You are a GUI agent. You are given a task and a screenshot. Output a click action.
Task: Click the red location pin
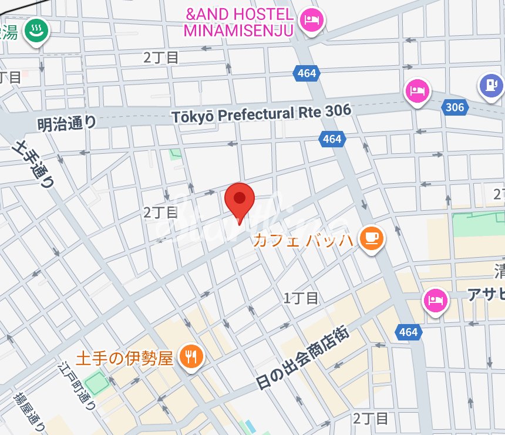click(240, 200)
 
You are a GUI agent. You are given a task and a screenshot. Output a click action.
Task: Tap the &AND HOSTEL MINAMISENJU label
click(238, 22)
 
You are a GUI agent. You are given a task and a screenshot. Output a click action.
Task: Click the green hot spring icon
click(36, 32)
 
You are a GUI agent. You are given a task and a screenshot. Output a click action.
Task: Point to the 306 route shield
click(455, 107)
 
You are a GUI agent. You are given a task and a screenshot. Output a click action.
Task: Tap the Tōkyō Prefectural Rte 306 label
click(262, 113)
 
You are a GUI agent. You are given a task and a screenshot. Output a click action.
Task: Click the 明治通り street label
click(66, 123)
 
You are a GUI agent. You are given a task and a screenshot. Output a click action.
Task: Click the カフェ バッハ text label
click(303, 240)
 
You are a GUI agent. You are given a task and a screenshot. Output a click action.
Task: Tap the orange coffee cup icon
click(371, 238)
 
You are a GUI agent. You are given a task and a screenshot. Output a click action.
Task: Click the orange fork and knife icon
click(191, 355)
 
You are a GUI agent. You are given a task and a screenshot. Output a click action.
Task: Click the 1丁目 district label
click(301, 298)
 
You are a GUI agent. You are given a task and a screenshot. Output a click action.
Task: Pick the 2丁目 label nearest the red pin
click(160, 213)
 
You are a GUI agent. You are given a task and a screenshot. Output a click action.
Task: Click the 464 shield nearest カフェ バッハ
click(332, 139)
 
